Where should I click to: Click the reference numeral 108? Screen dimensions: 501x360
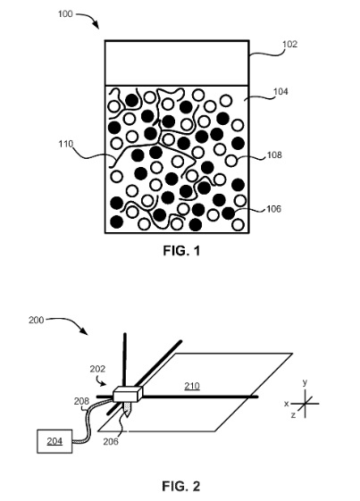click(275, 154)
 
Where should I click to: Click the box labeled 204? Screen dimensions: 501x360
click(52, 439)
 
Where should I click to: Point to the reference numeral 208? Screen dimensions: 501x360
click(81, 402)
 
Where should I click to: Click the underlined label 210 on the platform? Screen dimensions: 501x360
click(191, 386)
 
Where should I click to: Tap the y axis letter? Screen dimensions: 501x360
click(305, 381)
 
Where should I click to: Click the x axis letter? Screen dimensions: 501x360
click(287, 404)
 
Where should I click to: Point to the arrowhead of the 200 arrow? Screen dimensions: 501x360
click(87, 336)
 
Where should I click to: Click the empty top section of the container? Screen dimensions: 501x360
click(177, 62)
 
